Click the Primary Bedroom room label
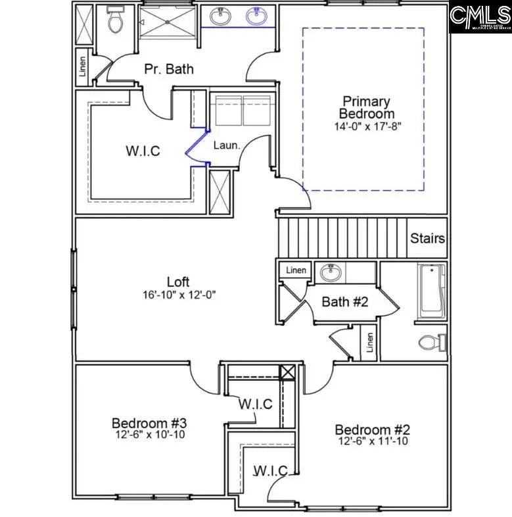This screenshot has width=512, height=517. [x=366, y=107]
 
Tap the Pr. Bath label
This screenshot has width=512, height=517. [x=169, y=68]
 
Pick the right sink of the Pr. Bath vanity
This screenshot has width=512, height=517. [x=256, y=16]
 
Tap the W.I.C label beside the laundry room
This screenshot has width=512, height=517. [x=143, y=151]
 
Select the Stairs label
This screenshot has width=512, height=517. [x=427, y=238]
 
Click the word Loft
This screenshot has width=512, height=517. [x=177, y=282]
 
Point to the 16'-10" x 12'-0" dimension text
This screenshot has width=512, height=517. [x=177, y=295]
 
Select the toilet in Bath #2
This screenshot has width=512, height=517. [x=431, y=342]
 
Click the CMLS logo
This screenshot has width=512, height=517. [x=480, y=16]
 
